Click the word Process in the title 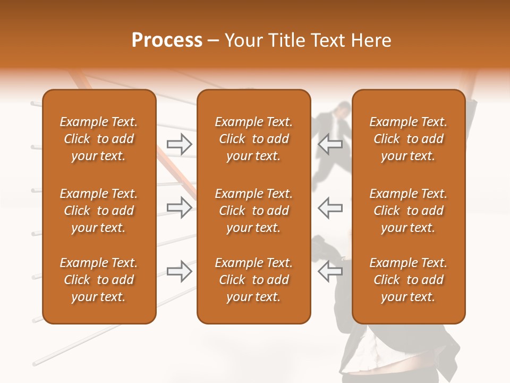tap(167, 40)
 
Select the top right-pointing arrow tap(179, 144)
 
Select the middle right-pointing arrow tap(179, 207)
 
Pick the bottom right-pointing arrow tap(179, 271)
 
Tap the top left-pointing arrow tap(330, 144)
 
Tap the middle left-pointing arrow tap(330, 207)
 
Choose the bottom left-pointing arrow tap(330, 271)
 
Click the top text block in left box tap(99, 139)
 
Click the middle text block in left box tap(99, 211)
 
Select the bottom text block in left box tap(99, 280)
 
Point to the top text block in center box tap(253, 139)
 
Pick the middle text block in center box tap(253, 211)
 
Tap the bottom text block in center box tap(253, 280)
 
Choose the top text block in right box tap(408, 139)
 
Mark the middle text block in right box tap(408, 211)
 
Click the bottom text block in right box tap(408, 280)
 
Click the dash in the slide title tap(213, 41)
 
